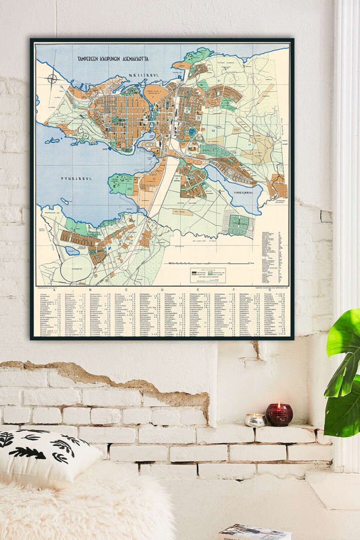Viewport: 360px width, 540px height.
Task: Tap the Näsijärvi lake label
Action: point(144,76)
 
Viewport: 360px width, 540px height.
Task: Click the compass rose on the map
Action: point(52,79)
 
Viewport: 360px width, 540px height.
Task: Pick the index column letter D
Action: point(162,289)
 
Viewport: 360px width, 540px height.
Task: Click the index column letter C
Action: point(126,289)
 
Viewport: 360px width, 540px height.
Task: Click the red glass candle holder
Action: point(279,415)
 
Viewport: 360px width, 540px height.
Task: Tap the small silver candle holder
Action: point(255,420)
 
